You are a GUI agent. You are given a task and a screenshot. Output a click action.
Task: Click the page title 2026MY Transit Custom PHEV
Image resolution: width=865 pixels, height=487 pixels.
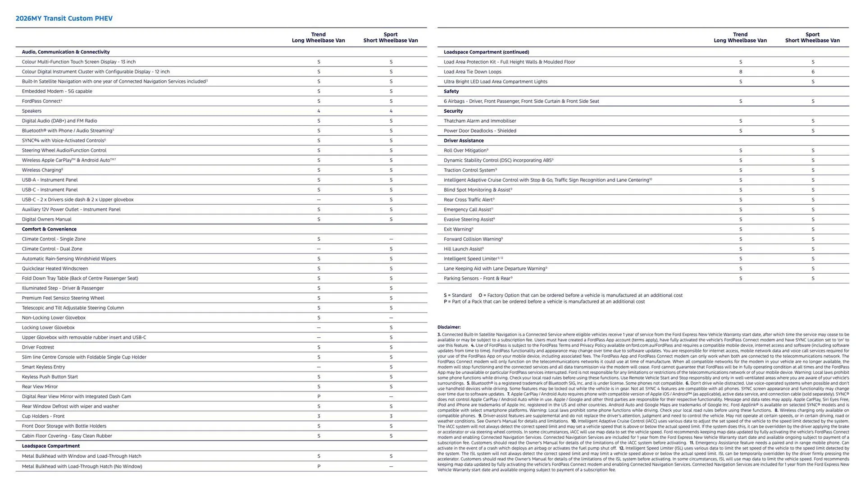pos(64,18)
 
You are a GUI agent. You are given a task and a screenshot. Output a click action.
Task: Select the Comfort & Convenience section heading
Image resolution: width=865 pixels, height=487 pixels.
pos(49,229)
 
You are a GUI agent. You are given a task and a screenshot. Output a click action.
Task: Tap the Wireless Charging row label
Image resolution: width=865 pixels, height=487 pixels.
pos(42,170)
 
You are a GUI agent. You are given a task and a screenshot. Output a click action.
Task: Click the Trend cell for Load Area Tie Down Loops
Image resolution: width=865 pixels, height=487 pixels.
pos(740,72)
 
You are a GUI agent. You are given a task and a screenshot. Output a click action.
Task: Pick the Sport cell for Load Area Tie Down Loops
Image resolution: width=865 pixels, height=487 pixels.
pos(813,72)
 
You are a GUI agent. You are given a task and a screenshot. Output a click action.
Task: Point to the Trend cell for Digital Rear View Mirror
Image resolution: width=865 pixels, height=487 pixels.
pos(319,396)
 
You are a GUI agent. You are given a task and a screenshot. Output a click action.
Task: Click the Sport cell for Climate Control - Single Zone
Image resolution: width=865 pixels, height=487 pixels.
pos(391,239)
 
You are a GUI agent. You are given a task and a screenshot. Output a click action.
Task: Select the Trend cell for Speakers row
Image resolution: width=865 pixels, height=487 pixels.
pos(319,111)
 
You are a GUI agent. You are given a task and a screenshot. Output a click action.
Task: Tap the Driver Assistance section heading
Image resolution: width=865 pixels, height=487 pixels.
pos(464,141)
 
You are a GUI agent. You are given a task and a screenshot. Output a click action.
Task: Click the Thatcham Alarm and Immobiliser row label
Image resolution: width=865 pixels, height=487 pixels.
pos(480,121)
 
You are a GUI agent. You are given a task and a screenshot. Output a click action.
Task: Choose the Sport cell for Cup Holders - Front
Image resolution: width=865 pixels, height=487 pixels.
pos(391,416)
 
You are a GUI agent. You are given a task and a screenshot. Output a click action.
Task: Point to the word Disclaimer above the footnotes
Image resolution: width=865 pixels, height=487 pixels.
pos(449,327)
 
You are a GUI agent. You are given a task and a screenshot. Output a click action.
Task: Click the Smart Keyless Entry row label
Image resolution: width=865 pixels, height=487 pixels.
pos(43,367)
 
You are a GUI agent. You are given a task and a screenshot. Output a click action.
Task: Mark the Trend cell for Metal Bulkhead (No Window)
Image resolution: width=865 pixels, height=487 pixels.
pos(319,466)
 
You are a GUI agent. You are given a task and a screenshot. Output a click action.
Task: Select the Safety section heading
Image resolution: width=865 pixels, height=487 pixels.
pos(451,92)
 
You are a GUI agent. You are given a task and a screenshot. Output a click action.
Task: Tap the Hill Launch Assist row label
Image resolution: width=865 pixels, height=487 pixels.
pos(464,249)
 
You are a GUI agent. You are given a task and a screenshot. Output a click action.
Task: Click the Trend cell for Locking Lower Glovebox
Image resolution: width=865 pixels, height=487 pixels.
pos(319,328)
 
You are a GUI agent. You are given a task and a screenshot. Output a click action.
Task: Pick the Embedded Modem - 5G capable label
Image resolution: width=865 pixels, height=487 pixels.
pos(57,92)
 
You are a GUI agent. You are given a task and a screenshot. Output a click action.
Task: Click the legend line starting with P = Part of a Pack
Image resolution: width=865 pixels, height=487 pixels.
pos(544,302)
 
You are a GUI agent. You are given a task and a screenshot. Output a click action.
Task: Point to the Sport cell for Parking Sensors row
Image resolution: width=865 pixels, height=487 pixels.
pos(813,279)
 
